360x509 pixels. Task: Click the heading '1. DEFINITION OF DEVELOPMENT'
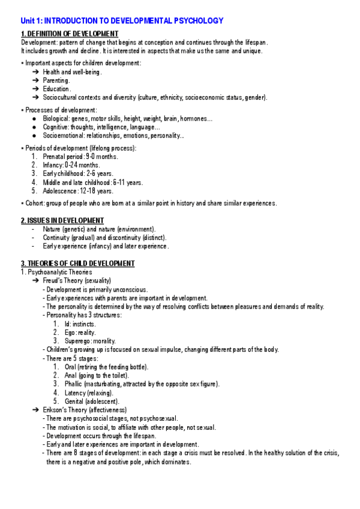pyautogui.click(x=70, y=34)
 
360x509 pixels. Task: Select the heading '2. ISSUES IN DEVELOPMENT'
pyautogui.click(x=62, y=220)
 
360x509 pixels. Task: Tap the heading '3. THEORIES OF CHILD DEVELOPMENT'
pyautogui.click(x=78, y=264)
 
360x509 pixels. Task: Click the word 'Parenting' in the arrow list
pyautogui.click(x=56, y=80)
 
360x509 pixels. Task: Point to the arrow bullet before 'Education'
pyautogui.click(x=36, y=89)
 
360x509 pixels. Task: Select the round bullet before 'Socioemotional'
pyautogui.click(x=37, y=136)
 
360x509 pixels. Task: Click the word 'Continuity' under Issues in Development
pyautogui.click(x=57, y=238)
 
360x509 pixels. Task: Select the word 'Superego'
pyautogui.click(x=78, y=341)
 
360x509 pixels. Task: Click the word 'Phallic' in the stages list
pyautogui.click(x=74, y=384)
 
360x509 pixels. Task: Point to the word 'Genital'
pyautogui.click(x=75, y=402)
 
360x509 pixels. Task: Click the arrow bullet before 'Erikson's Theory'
pyautogui.click(x=36, y=410)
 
